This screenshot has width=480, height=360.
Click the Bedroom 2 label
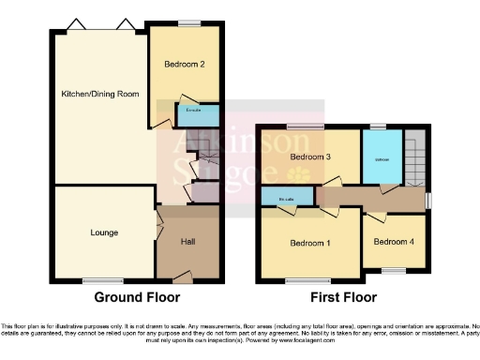point(184,65)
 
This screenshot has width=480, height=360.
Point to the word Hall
point(187,241)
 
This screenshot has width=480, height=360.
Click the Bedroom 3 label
point(309,157)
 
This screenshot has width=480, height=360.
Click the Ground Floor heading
point(136,297)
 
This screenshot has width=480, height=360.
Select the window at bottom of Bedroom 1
point(300,279)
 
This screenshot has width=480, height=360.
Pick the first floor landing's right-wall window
point(428,199)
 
